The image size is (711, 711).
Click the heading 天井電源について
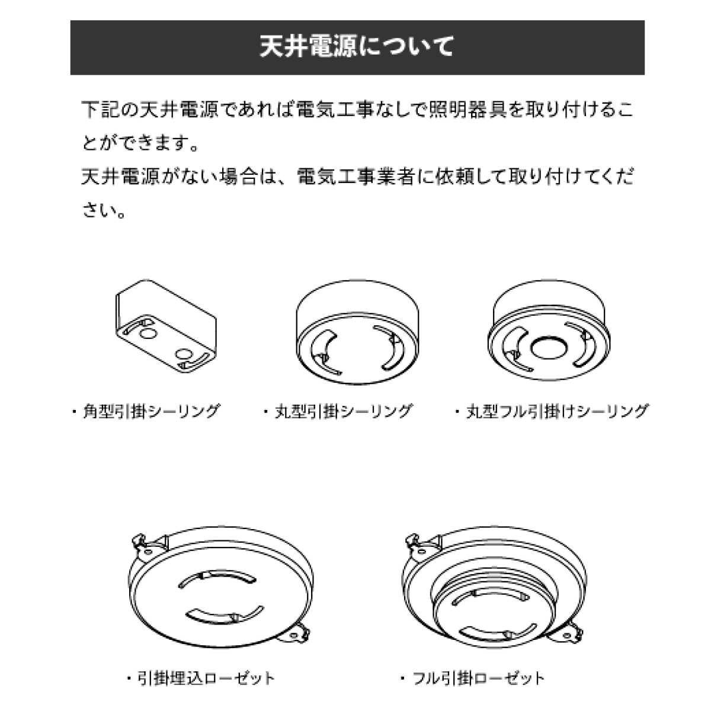coord(357,47)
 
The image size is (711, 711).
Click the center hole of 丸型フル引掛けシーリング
coord(549,347)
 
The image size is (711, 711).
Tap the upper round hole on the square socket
coord(146,334)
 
